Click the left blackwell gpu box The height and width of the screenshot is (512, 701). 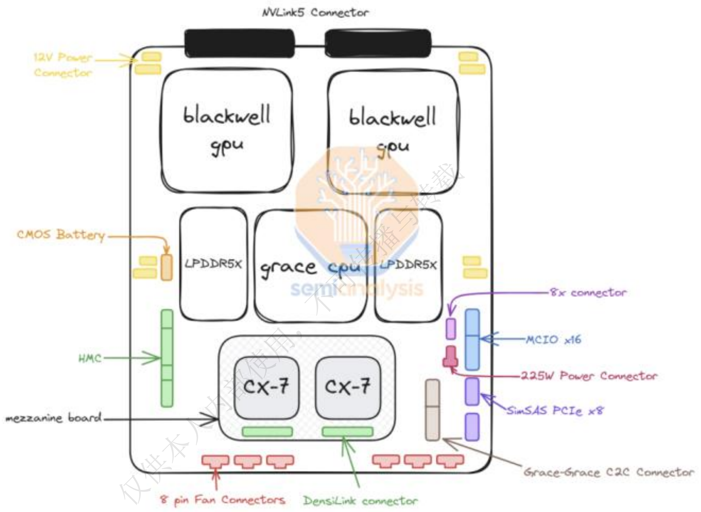(227, 130)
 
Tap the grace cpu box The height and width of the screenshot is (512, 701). (310, 266)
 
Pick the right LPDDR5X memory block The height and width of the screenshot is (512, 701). (408, 265)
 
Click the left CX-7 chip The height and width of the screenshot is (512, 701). (266, 387)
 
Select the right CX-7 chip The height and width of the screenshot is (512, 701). (348, 387)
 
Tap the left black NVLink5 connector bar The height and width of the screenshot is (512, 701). (239, 43)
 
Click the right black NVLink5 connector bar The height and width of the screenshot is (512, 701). (378, 43)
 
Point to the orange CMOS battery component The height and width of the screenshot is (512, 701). (167, 267)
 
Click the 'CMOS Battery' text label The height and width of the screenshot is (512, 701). (61, 235)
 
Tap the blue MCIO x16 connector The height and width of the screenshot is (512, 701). (472, 339)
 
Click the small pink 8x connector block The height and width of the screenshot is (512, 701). (451, 328)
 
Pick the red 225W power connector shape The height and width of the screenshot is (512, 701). (450, 357)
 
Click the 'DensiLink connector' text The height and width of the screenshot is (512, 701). (360, 501)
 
